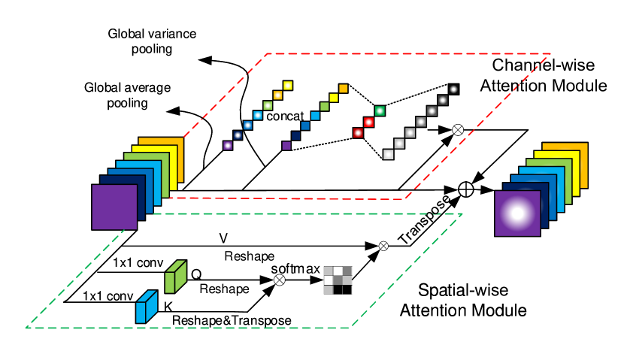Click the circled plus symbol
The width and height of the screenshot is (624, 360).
466,189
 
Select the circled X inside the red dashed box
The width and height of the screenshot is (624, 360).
458,130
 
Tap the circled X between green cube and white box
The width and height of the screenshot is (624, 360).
280,280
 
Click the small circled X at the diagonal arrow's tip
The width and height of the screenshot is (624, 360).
383,246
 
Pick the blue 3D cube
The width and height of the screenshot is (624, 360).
146,307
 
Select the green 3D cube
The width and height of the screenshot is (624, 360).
175,277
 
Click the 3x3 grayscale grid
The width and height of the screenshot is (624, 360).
338,280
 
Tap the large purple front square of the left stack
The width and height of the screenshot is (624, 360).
114,207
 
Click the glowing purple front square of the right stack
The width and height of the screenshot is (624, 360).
517,213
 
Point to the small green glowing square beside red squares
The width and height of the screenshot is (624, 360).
380,111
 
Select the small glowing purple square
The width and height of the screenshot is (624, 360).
228,146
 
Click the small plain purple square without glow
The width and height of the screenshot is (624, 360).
286,146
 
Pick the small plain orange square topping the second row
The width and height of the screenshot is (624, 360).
343,89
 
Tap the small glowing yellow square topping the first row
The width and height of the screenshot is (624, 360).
287,86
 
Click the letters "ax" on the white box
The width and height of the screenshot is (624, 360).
314,269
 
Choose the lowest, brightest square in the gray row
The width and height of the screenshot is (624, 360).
388,154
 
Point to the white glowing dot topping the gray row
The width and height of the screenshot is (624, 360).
453,89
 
